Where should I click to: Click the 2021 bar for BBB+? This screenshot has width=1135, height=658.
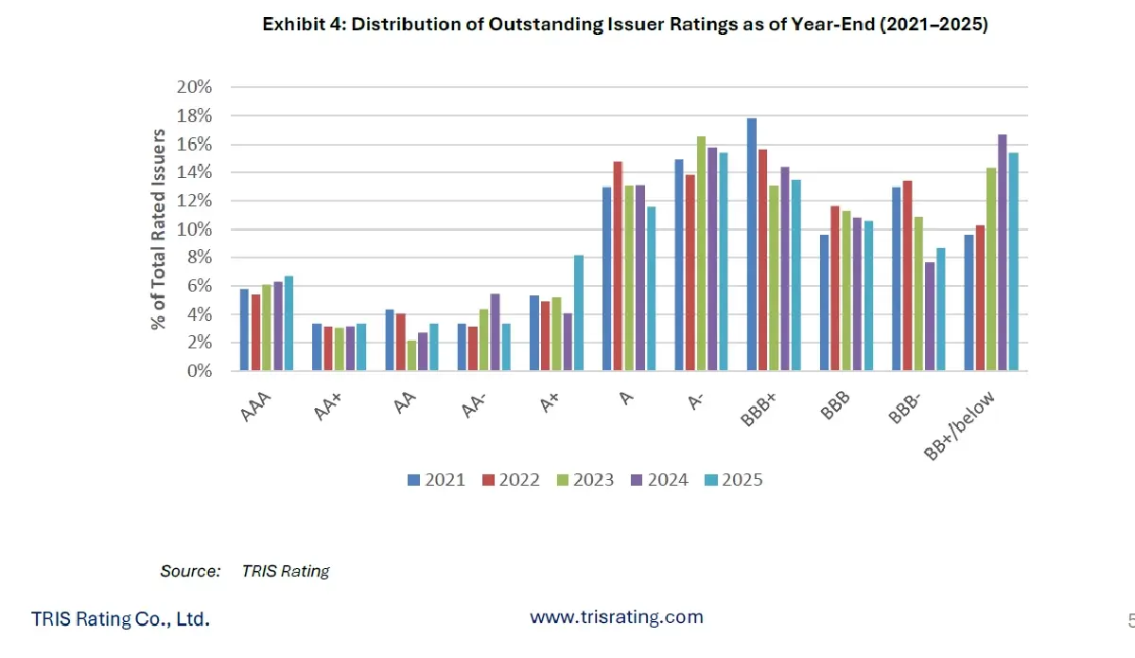click(x=752, y=244)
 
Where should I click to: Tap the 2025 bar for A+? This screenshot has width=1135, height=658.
click(x=578, y=312)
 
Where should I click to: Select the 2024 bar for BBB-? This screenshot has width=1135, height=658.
click(x=930, y=316)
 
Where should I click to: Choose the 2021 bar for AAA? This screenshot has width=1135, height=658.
click(x=244, y=329)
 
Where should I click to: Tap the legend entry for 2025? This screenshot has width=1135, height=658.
click(x=733, y=480)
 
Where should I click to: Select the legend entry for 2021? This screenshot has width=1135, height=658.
click(x=436, y=480)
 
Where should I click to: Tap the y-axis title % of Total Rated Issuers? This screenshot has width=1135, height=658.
click(x=160, y=229)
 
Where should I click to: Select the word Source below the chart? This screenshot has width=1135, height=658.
click(x=189, y=571)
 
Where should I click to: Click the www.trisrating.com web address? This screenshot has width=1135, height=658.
click(x=617, y=617)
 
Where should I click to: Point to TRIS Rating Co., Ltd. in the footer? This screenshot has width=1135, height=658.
click(x=120, y=619)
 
